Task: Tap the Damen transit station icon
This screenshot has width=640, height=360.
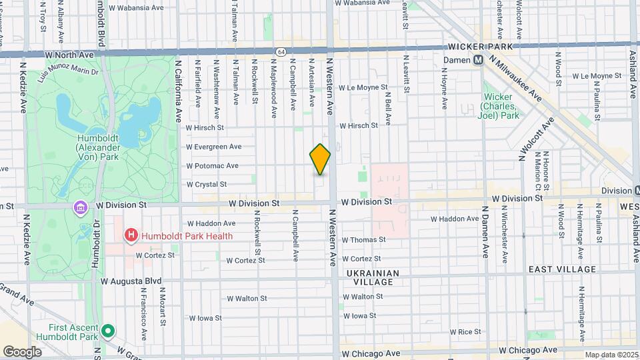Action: click(x=478, y=60)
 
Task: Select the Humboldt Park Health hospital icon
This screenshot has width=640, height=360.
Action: click(x=131, y=235)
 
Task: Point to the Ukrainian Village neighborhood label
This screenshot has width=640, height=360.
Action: click(x=373, y=277)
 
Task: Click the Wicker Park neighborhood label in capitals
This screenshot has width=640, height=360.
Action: click(x=480, y=47)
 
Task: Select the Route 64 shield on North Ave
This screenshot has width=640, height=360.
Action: click(x=281, y=51)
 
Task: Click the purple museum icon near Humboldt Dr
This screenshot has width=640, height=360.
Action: click(x=80, y=208)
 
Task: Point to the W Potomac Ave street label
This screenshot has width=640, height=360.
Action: click(x=212, y=165)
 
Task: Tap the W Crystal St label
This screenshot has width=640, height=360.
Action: click(x=207, y=184)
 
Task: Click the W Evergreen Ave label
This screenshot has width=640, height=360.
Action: click(x=213, y=147)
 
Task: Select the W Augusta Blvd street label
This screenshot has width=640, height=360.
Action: click(x=131, y=281)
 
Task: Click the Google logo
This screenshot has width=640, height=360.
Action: click(x=22, y=351)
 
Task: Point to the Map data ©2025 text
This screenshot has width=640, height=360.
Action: click(x=611, y=355)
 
